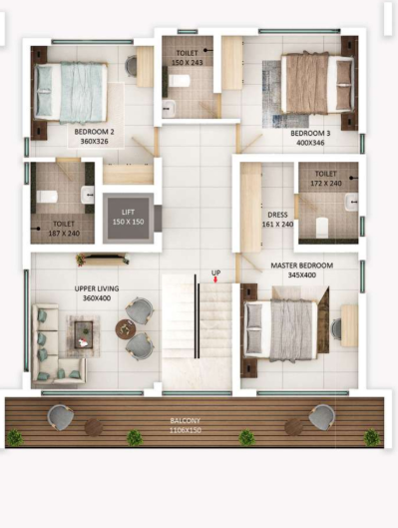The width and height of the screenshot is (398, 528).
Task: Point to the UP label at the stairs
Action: pos(215,272)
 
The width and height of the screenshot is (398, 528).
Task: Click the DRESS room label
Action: pos(277,214)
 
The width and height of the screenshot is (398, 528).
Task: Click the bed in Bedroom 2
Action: pos(70,91)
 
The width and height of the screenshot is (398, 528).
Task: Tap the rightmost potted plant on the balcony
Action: pos(371,437)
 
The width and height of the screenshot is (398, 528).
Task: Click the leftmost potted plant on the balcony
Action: pos(14,437)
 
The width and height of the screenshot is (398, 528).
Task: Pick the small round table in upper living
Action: pos(124,328)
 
